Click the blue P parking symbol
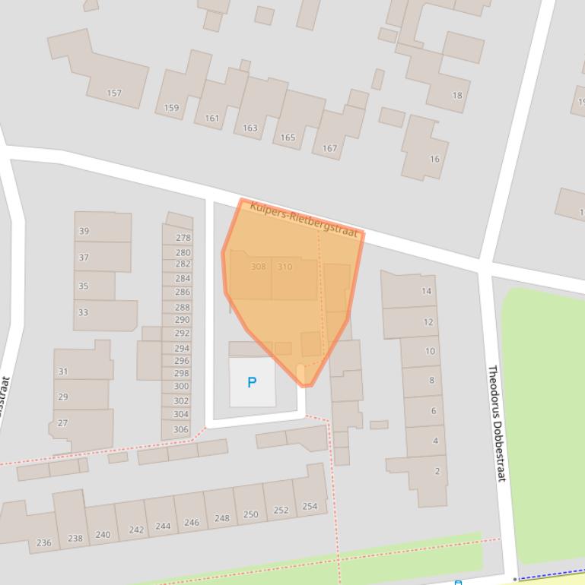[x=252, y=382]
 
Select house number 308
[x=259, y=267]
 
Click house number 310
[x=285, y=267]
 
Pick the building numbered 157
[x=114, y=93]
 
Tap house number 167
[x=329, y=148]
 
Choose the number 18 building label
[x=456, y=95]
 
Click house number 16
[x=434, y=159]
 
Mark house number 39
[x=84, y=231]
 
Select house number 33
[x=83, y=312]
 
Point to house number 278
[x=183, y=238]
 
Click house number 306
[x=181, y=429]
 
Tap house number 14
[x=426, y=291]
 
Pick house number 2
[x=437, y=471]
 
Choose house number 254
[x=310, y=506]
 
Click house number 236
[x=44, y=542]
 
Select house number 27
[x=62, y=423]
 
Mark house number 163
[x=250, y=128]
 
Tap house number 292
[x=182, y=333]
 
